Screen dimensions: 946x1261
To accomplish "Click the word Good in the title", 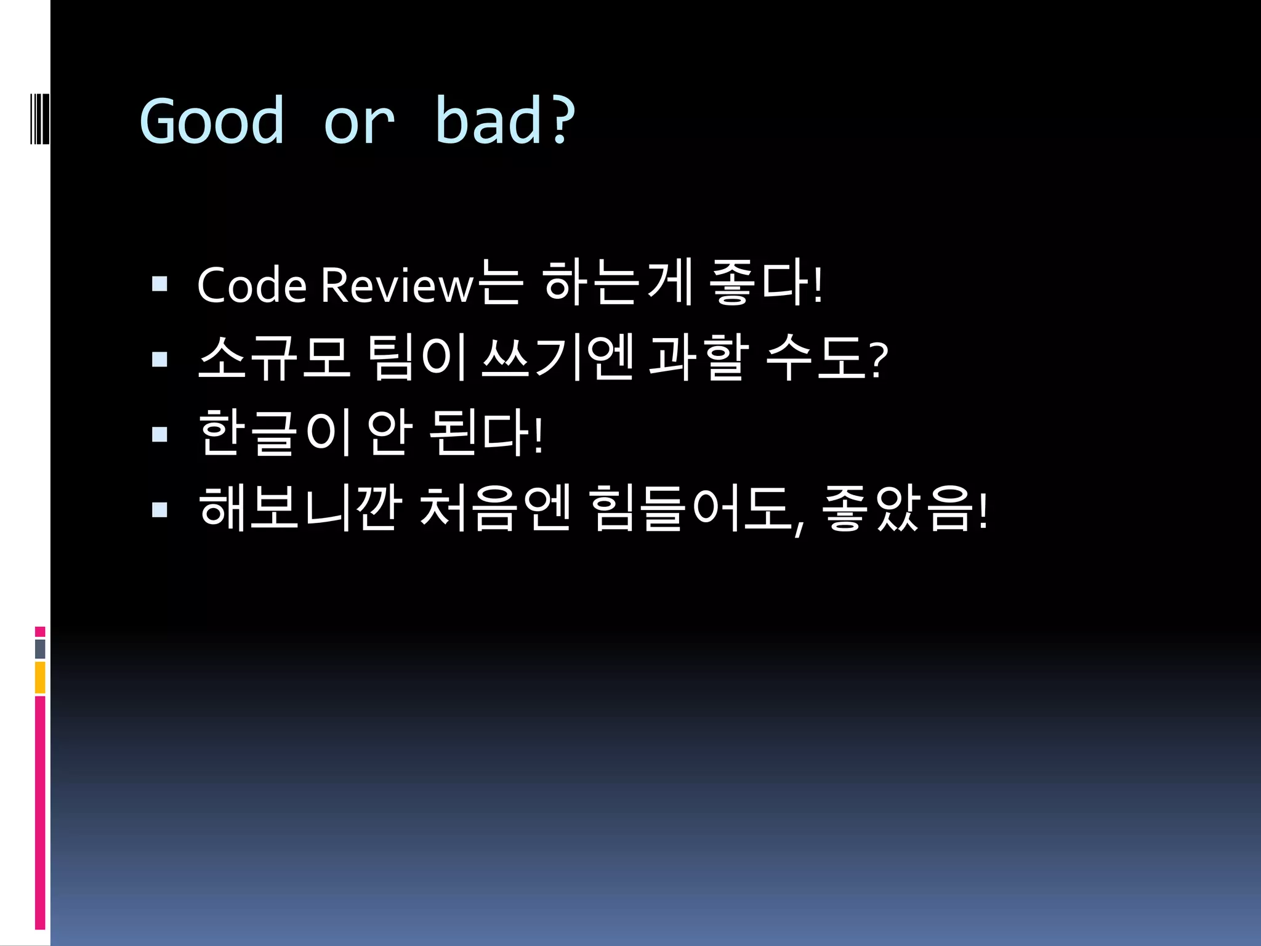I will (x=212, y=121).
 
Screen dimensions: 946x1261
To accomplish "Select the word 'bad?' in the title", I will (x=505, y=121).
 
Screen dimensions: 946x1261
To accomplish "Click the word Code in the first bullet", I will (x=252, y=285).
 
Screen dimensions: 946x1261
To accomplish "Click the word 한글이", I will (x=275, y=433).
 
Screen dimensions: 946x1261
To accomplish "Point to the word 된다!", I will (x=486, y=433).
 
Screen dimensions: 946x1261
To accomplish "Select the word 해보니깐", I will (x=300, y=508).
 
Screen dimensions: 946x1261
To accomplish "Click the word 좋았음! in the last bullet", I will (x=904, y=508).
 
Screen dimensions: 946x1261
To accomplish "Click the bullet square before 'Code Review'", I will (x=160, y=284).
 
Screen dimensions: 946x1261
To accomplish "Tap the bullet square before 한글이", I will (x=160, y=435).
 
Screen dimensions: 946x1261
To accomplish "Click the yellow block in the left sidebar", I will (x=40, y=677).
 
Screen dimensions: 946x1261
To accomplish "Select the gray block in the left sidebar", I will (x=40, y=649).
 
